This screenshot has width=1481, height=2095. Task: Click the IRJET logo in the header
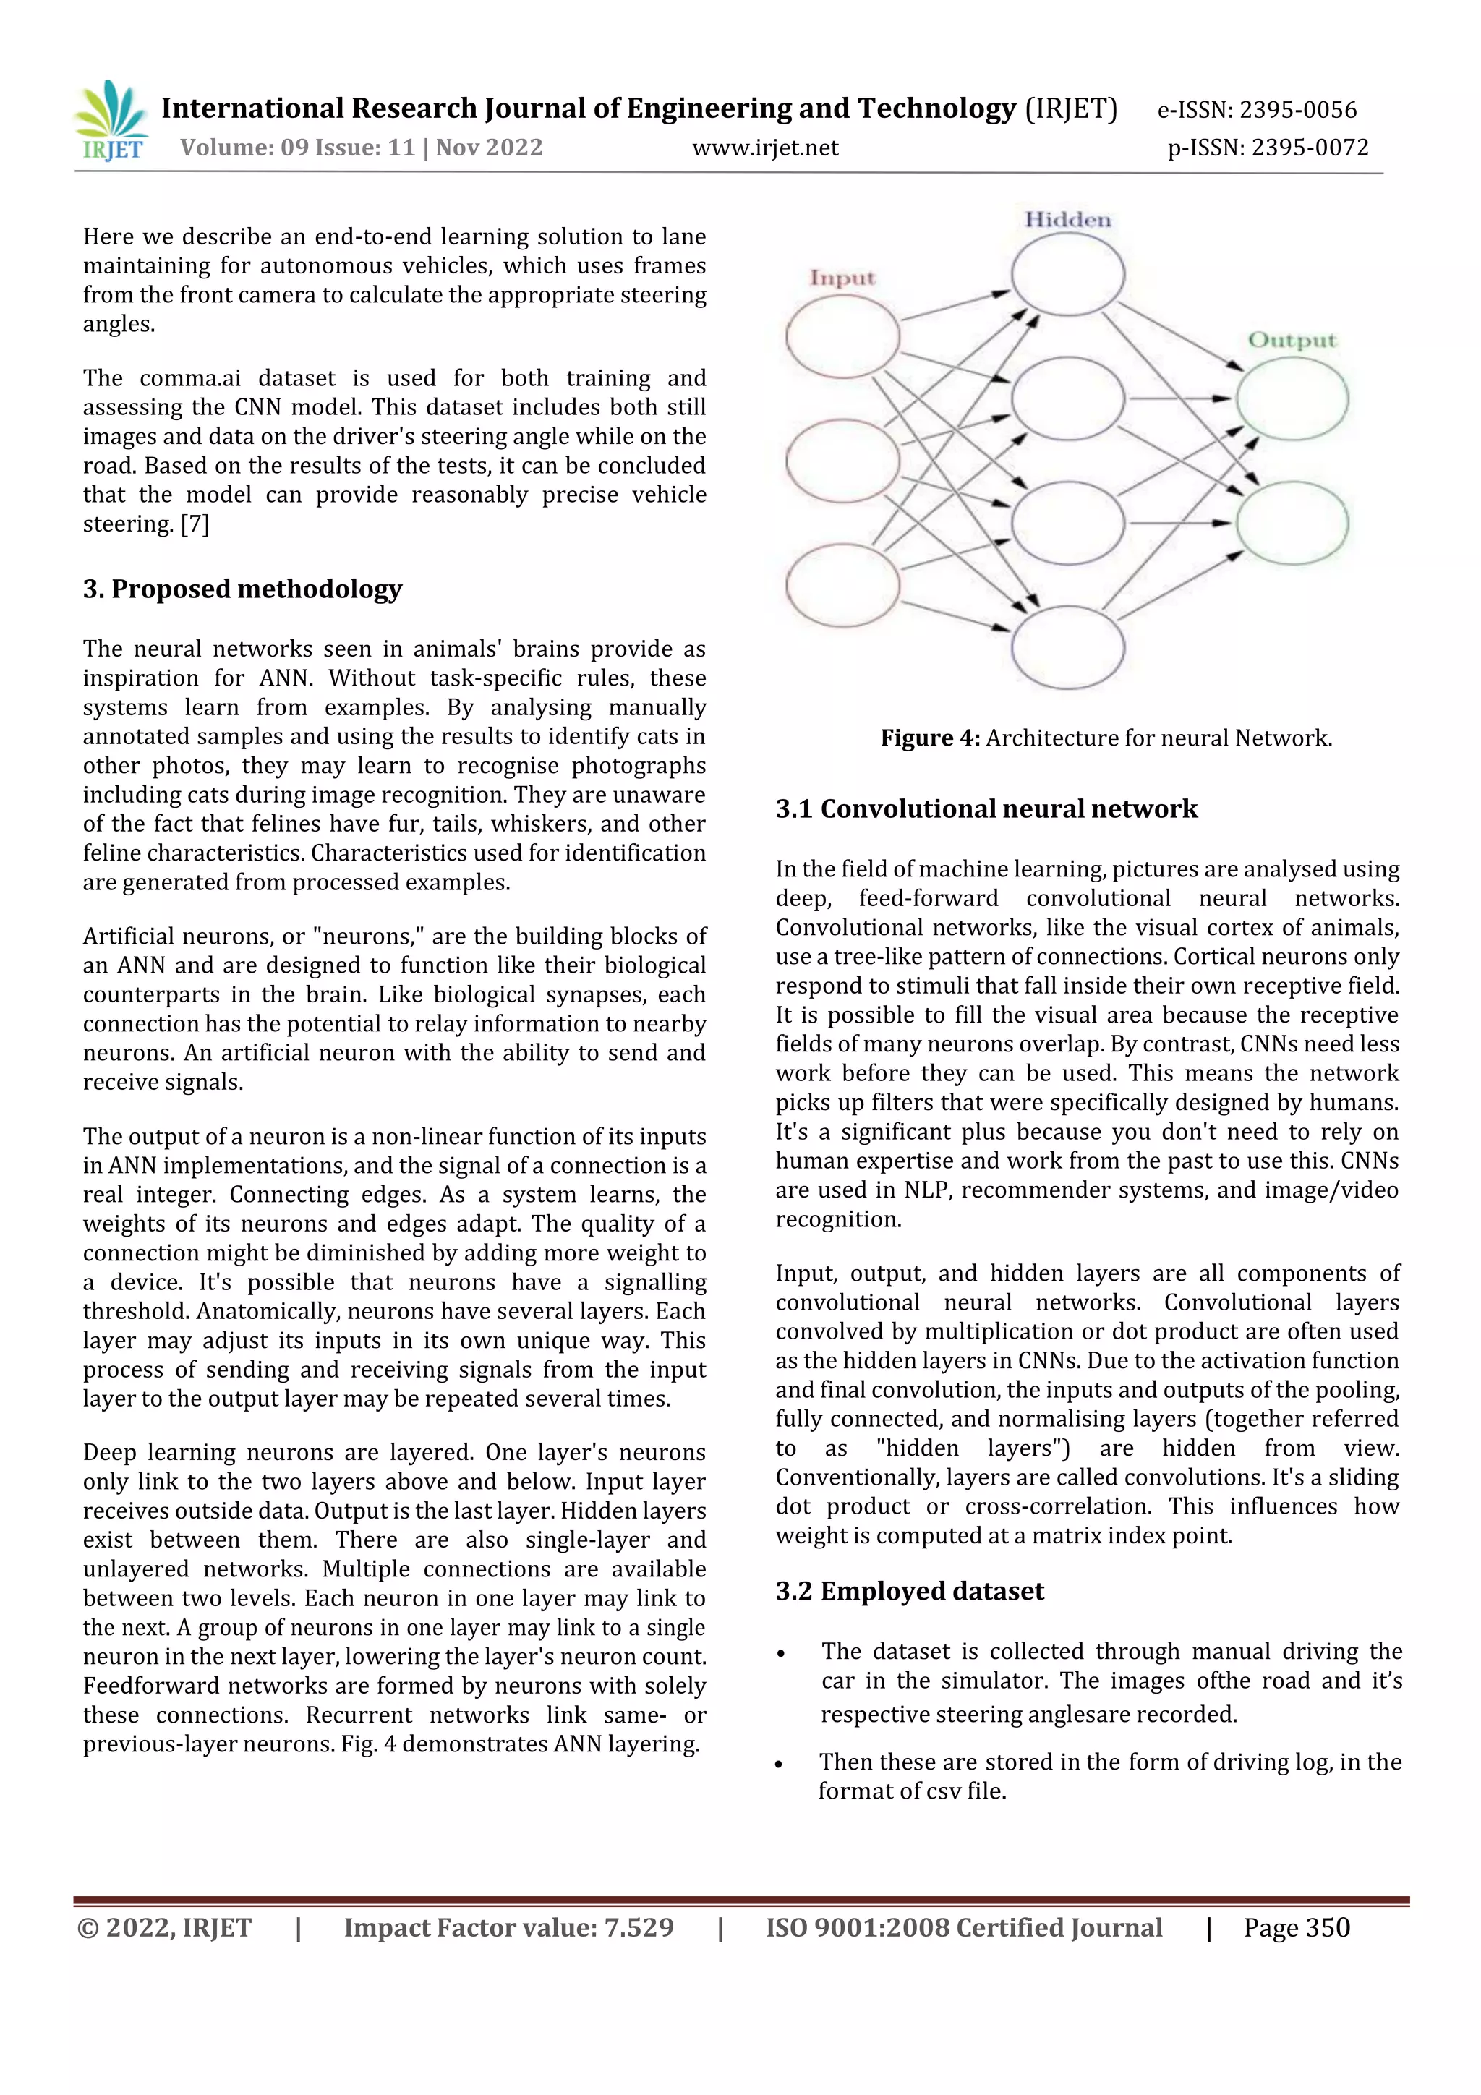pyautogui.click(x=111, y=121)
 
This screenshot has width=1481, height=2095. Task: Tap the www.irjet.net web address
pyautogui.click(x=764, y=148)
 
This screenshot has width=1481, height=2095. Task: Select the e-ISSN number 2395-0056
pyautogui.click(x=1257, y=111)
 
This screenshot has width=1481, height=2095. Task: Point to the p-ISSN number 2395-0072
pyautogui.click(x=1268, y=148)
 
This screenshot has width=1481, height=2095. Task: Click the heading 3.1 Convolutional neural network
pyautogui.click(x=986, y=808)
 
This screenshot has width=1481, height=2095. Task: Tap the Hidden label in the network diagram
pyautogui.click(x=1067, y=220)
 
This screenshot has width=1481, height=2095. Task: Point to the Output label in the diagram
pyautogui.click(x=1292, y=341)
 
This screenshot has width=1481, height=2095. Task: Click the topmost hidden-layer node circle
pyautogui.click(x=1067, y=275)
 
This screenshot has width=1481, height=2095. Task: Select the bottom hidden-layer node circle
pyautogui.click(x=1067, y=647)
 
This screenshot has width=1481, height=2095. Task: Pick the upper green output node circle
pyautogui.click(x=1292, y=398)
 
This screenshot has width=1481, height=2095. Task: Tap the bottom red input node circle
pyautogui.click(x=842, y=585)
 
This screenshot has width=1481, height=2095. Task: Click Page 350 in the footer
pyautogui.click(x=1296, y=1927)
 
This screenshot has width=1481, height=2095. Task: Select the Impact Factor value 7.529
pyautogui.click(x=508, y=1927)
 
